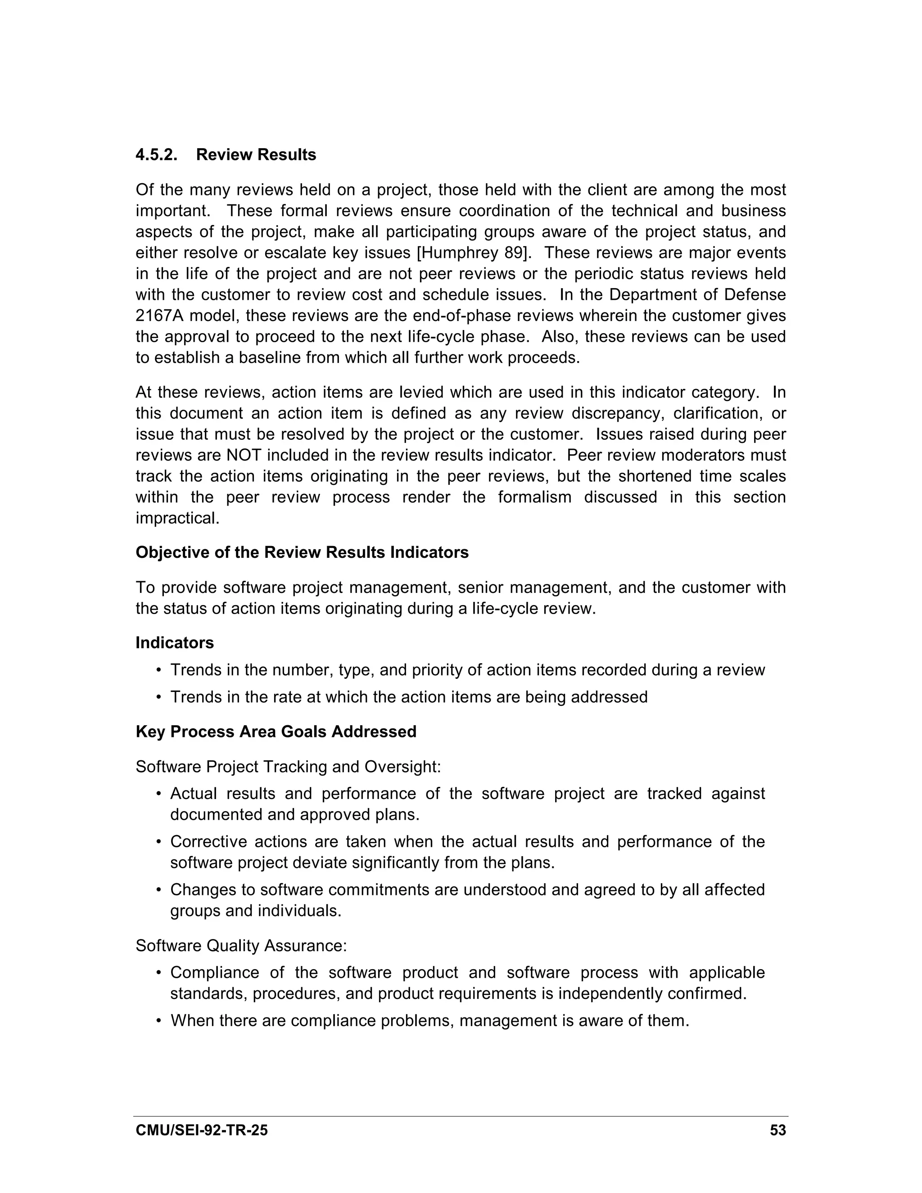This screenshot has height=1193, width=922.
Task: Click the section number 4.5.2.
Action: pyautogui.click(x=156, y=155)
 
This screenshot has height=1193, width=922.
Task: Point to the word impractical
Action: pyautogui.click(x=177, y=518)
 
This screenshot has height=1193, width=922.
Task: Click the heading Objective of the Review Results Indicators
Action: pyautogui.click(x=302, y=552)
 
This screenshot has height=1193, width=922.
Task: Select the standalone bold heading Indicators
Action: pyautogui.click(x=174, y=642)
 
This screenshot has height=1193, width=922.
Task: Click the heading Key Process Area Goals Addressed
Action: pyautogui.click(x=276, y=732)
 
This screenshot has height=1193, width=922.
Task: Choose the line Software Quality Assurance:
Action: pyautogui.click(x=241, y=945)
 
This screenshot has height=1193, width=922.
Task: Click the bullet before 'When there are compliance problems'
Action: pyautogui.click(x=159, y=1021)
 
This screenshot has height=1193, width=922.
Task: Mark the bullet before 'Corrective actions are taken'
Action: pyautogui.click(x=159, y=842)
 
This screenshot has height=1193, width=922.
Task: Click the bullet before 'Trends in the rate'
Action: pyautogui.click(x=159, y=697)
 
